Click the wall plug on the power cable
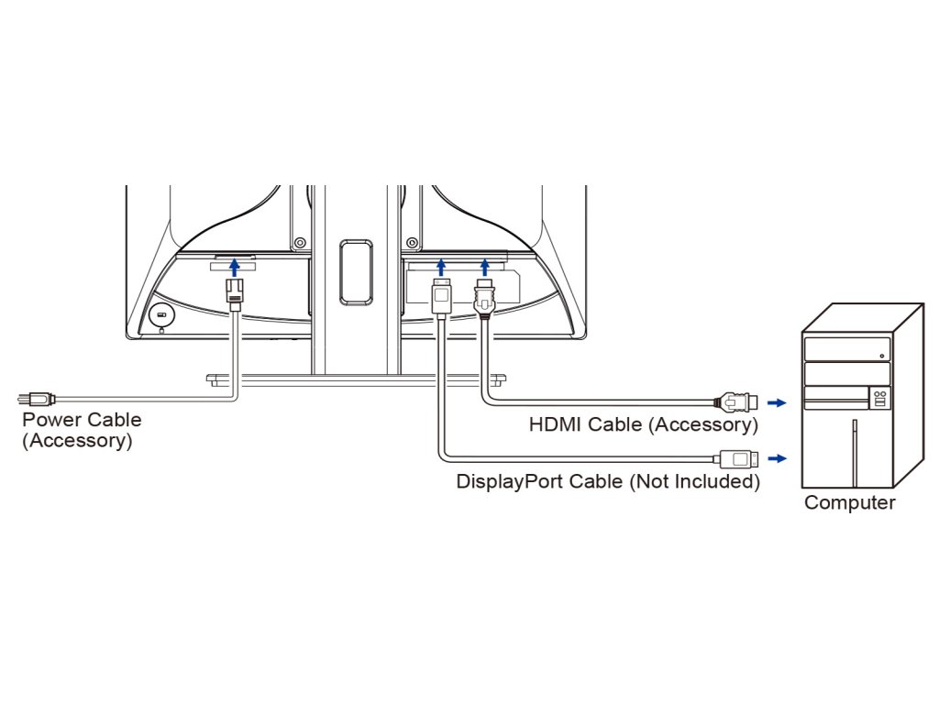click(x=37, y=398)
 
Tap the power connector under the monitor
click(x=235, y=294)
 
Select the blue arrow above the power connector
click(x=235, y=267)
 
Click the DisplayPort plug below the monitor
click(x=441, y=297)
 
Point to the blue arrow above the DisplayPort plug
click(x=441, y=267)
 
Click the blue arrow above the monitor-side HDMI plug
click(x=484, y=267)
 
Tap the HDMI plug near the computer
click(x=736, y=402)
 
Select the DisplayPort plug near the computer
click(x=736, y=458)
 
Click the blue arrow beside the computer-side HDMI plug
click(x=777, y=403)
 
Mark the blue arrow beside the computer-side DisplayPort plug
click(x=777, y=458)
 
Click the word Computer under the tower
click(x=850, y=503)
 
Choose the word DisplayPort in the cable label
click(x=510, y=481)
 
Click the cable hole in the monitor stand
click(x=356, y=271)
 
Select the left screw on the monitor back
click(x=300, y=243)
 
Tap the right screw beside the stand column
click(x=411, y=243)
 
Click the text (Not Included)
click(x=694, y=481)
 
